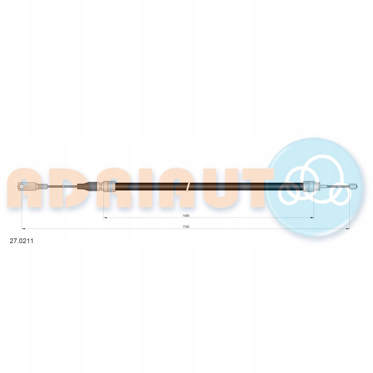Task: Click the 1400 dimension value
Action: click(x=186, y=216)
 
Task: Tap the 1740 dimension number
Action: click(x=186, y=227)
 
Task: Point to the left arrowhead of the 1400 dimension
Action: click(x=105, y=218)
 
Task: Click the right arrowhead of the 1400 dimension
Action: click(x=312, y=218)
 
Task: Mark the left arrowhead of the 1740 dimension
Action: click(x=23, y=229)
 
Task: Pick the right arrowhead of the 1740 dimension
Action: click(x=348, y=229)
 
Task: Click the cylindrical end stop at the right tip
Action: click(x=354, y=186)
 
